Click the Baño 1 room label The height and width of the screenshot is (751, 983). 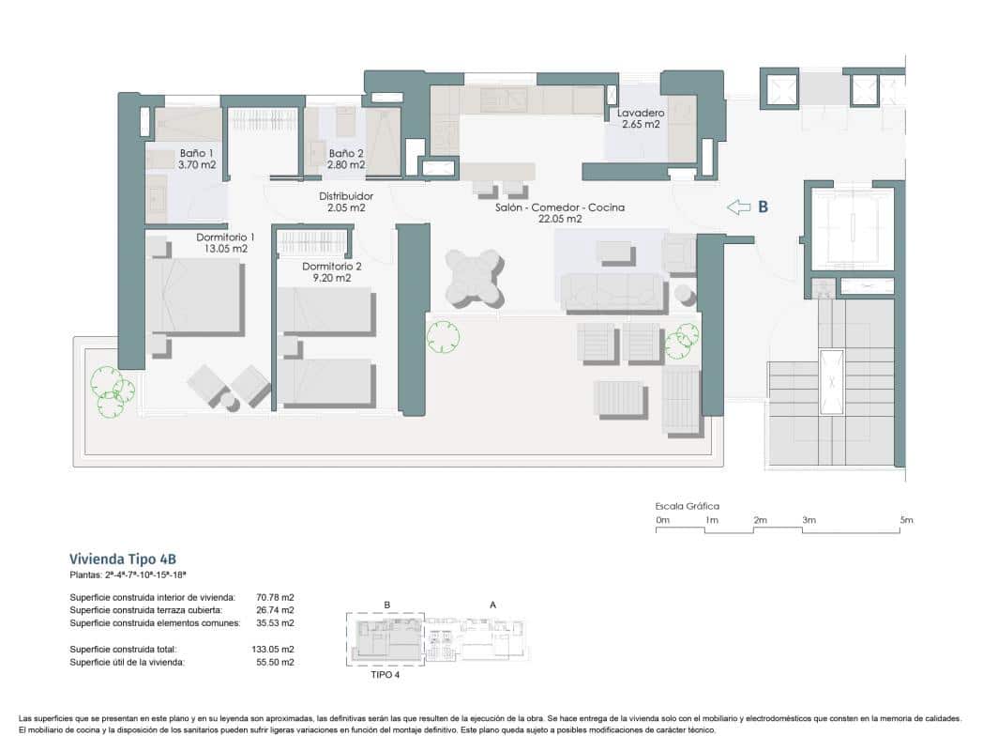click(198, 153)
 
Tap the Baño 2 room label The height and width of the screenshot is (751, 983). click(346, 153)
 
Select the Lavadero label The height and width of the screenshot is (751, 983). click(642, 113)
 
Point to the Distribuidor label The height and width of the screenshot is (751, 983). click(346, 196)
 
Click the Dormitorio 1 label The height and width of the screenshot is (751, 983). click(225, 238)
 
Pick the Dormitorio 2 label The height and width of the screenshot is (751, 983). click(331, 267)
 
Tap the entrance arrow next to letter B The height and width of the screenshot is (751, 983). click(740, 207)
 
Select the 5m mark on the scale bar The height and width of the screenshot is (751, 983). click(905, 520)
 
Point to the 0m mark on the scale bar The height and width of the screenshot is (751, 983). click(662, 520)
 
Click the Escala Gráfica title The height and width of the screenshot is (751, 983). click(688, 506)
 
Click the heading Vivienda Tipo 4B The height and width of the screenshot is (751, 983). click(123, 557)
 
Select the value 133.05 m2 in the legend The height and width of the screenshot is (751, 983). click(275, 649)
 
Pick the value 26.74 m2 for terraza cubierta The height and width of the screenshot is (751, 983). click(275, 609)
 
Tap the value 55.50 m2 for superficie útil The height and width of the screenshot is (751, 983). click(275, 662)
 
